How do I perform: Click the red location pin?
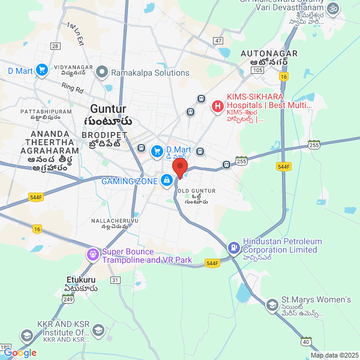[x=180, y=168]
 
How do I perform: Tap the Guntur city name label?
[x=108, y=109]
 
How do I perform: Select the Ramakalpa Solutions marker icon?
[x=102, y=73]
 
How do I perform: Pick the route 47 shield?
[x=218, y=41]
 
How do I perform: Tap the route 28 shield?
[x=55, y=46]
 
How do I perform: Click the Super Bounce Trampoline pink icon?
[x=92, y=256]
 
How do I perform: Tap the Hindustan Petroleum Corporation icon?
[x=233, y=246]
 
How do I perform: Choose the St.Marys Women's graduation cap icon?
[x=272, y=305]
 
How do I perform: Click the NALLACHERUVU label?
[x=109, y=221]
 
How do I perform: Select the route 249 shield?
[x=68, y=299]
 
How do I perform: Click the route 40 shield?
[x=306, y=342]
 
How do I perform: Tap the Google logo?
[x=20, y=353]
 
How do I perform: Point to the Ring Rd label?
[x=71, y=88]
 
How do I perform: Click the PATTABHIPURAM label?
[x=46, y=112]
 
